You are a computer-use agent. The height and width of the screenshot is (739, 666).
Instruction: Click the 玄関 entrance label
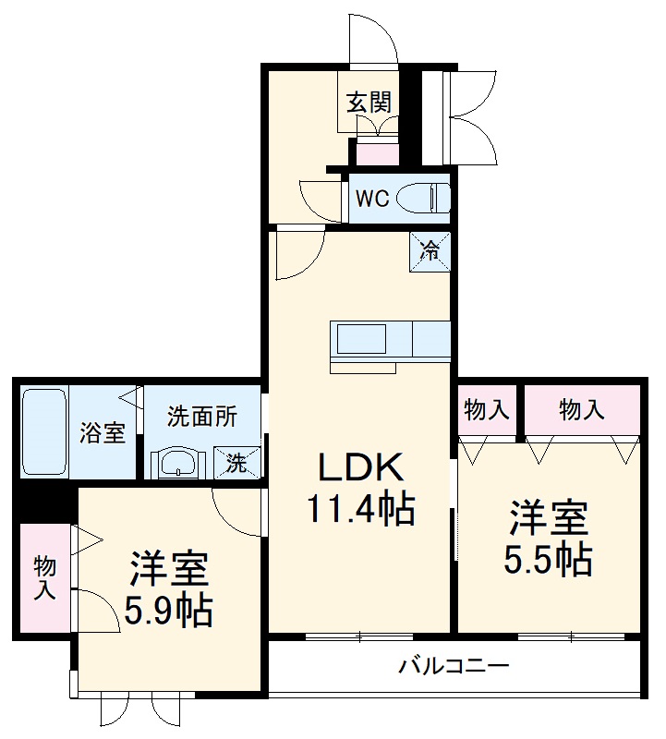(x=369, y=102)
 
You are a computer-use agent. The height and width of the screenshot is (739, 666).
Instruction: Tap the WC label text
(x=372, y=199)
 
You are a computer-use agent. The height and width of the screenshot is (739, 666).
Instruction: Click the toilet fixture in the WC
(x=429, y=199)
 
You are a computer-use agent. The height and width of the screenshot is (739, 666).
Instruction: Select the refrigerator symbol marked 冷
(x=431, y=250)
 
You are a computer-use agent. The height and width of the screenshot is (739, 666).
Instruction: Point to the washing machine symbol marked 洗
(x=237, y=463)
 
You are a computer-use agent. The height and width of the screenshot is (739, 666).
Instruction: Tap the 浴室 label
(x=103, y=431)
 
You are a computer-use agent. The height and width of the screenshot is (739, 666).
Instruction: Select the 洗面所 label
(x=202, y=416)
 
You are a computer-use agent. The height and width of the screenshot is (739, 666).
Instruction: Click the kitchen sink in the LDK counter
(x=360, y=340)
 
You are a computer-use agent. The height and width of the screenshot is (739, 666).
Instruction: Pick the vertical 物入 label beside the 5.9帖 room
(x=44, y=578)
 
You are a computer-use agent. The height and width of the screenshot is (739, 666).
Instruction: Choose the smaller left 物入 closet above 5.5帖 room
(x=487, y=410)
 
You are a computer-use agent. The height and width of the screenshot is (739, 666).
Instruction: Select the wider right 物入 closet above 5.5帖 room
(x=582, y=410)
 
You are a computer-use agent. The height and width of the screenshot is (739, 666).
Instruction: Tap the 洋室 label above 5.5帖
(x=548, y=518)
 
